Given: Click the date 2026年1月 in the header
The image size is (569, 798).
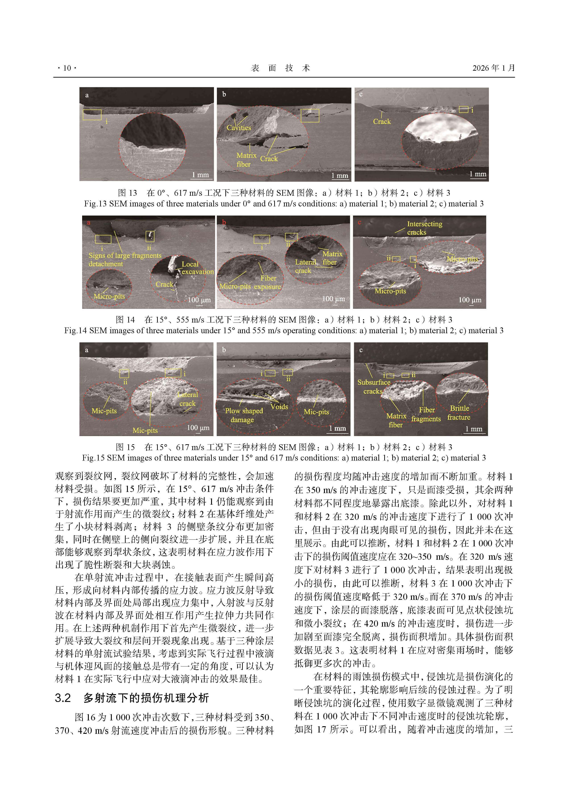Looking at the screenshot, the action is click(x=493, y=68).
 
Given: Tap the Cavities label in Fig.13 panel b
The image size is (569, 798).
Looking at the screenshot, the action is click(x=239, y=128).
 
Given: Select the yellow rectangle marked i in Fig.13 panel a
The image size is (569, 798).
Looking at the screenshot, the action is click(x=92, y=115).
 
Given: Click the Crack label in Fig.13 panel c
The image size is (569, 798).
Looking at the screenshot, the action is click(x=382, y=121).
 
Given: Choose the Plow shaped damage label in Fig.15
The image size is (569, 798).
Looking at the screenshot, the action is click(x=244, y=415).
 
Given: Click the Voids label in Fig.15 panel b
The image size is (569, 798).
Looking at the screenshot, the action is click(x=279, y=407).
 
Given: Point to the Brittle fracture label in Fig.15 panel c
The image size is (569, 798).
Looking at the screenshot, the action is click(x=459, y=413).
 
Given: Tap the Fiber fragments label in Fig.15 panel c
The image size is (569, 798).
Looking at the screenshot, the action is click(x=426, y=414).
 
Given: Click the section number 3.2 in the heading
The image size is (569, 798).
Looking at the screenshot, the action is click(x=63, y=698).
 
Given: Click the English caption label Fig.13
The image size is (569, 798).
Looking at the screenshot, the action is click(x=95, y=204).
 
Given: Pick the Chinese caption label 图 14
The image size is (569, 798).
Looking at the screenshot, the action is click(x=125, y=320).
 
